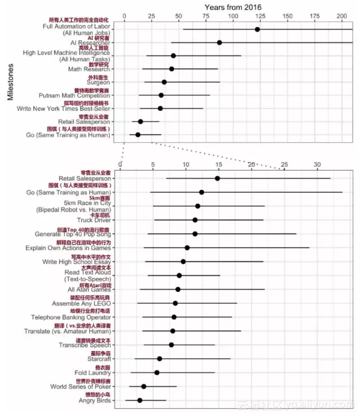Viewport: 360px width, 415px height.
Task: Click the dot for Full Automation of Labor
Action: pyautogui.click(x=257, y=29)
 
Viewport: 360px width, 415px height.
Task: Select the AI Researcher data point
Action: pyautogui.click(x=219, y=43)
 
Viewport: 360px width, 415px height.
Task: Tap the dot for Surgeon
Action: pyautogui.click(x=164, y=82)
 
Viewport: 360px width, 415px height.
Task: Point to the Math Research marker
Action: pyautogui.click(x=172, y=69)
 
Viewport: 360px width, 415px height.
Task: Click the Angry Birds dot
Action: pyautogui.click(x=140, y=400)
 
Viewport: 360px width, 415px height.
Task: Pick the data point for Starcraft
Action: pyautogui.click(x=160, y=359)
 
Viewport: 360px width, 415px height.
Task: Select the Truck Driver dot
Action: pyautogui.click(x=195, y=220)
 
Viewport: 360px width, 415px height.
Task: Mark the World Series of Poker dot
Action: pyautogui.click(x=144, y=387)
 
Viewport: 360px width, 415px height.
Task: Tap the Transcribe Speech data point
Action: pyautogui.click(x=172, y=345)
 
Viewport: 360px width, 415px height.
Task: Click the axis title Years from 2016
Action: pyautogui.click(x=233, y=7)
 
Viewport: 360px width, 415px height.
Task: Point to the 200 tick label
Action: pyautogui.click(x=342, y=16)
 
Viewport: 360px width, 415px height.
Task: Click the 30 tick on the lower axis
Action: pyautogui.click(x=317, y=164)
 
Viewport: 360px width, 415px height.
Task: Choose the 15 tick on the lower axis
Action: pyautogui.click(x=219, y=164)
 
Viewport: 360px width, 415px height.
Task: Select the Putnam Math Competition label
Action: pyautogui.click(x=74, y=95)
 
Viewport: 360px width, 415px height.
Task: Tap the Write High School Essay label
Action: pyautogui.click(x=76, y=262)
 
